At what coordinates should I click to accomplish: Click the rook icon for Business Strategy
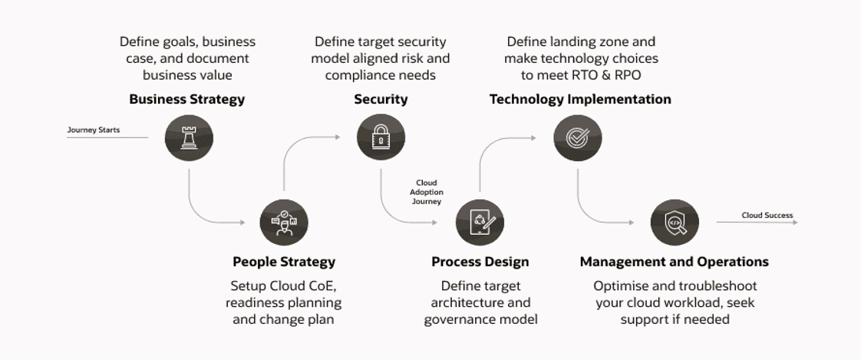coord(189,137)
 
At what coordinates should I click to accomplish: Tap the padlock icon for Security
coord(381,137)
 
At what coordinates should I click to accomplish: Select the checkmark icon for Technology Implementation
coord(578,137)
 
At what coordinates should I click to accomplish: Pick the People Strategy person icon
coord(284,223)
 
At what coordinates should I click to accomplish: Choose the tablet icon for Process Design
coord(480,223)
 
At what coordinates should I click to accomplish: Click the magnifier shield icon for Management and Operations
coord(675,223)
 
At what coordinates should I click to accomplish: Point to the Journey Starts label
coord(94,130)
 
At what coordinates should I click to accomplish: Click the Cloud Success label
coord(767,216)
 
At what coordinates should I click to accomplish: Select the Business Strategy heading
coord(186,100)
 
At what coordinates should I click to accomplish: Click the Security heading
coord(381,100)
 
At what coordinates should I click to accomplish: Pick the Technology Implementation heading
coord(580,100)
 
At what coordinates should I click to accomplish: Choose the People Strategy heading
coord(284,262)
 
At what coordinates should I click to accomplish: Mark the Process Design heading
coord(480,262)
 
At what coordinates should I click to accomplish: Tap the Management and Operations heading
coord(675,262)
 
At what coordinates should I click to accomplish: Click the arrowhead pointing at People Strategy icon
coord(242,223)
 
